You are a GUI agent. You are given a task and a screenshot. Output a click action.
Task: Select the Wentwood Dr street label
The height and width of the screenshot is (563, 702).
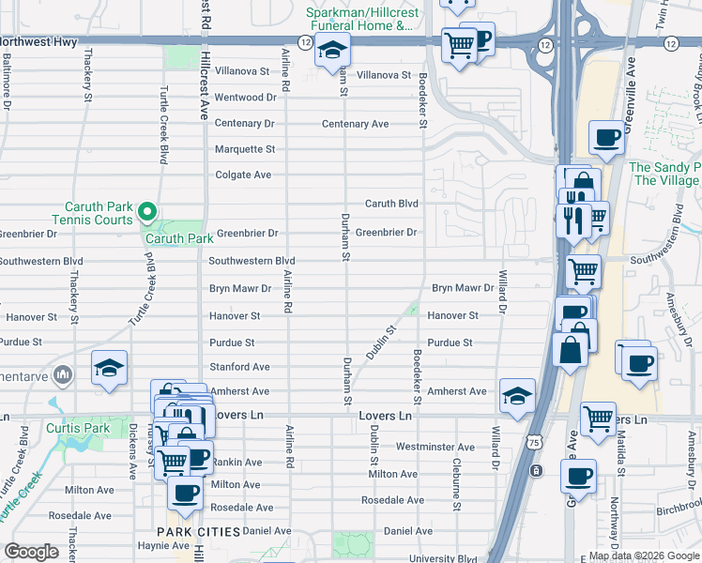245,98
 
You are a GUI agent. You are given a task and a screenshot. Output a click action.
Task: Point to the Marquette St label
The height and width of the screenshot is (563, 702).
245,149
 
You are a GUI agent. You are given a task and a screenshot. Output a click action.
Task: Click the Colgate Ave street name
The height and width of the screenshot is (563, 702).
243,175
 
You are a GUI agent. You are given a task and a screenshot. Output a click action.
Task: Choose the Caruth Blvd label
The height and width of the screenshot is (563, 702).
391,204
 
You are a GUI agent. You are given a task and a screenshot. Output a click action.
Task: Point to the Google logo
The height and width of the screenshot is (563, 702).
31,552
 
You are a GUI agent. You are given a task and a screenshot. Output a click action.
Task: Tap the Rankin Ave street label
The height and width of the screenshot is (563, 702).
236,462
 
